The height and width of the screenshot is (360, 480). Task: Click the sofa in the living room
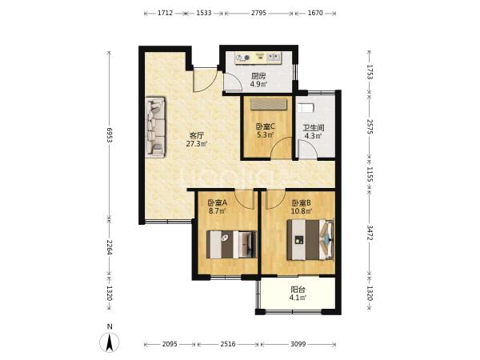pyautogui.click(x=155, y=127)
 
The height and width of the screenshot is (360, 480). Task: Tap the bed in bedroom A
pyautogui.click(x=231, y=244)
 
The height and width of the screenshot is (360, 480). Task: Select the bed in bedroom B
pyautogui.click(x=310, y=240)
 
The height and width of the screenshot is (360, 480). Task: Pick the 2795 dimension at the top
pyautogui.click(x=258, y=13)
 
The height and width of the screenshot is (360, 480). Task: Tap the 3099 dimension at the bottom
pyautogui.click(x=298, y=344)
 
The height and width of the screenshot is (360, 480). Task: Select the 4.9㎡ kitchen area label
pyautogui.click(x=258, y=84)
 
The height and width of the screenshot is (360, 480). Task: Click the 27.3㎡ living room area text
pyautogui.click(x=197, y=143)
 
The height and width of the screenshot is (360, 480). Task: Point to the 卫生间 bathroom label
pyautogui.click(x=314, y=127)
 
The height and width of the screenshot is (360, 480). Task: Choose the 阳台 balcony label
pyautogui.click(x=298, y=290)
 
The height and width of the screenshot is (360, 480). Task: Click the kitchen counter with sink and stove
pyautogui.click(x=258, y=58)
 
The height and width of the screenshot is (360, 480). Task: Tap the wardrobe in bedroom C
pyautogui.click(x=269, y=104)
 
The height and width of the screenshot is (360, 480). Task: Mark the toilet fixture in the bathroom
pyautogui.click(x=306, y=108)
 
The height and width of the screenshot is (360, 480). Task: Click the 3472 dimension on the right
pyautogui.click(x=370, y=233)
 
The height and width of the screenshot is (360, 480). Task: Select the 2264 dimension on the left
pyautogui.click(x=110, y=247)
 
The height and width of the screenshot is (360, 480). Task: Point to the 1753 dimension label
pyautogui.click(x=370, y=72)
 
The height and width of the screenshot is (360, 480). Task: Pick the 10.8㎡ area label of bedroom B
pyautogui.click(x=302, y=211)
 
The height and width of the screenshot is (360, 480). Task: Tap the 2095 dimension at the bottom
pyautogui.click(x=170, y=344)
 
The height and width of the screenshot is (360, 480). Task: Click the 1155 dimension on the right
pyautogui.click(x=370, y=174)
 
